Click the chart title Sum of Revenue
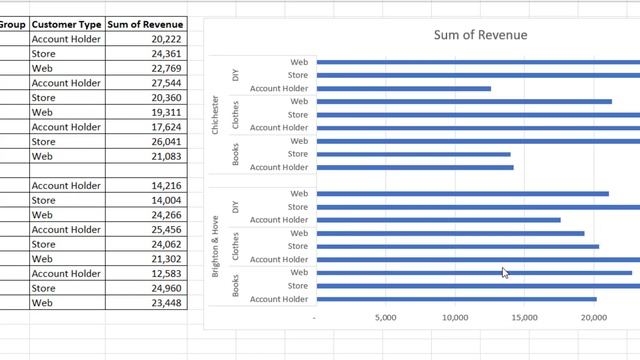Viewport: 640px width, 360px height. [x=480, y=35]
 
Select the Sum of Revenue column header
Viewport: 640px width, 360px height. [x=146, y=22]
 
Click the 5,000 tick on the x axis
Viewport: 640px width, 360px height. [x=385, y=318]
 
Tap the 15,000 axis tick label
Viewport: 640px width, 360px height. [x=524, y=318]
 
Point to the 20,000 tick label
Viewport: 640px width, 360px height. [x=593, y=318]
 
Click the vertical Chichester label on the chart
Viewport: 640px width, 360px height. [x=216, y=115]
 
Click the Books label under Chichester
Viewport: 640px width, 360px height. [x=236, y=154]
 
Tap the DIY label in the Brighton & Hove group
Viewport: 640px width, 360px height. [x=236, y=207]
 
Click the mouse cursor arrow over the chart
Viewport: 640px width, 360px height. [x=505, y=272]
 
